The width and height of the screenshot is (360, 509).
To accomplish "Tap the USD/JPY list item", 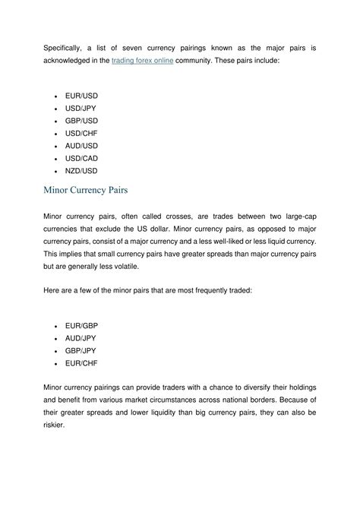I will click(81, 108).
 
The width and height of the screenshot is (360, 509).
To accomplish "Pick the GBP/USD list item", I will click(81, 120).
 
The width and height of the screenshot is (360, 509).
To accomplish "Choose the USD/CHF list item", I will click(81, 133).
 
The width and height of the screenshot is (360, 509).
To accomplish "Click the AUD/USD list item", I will click(81, 146).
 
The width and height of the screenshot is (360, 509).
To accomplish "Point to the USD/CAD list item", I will click(81, 159).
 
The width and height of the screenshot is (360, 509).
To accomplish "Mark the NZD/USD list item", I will click(81, 171).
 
